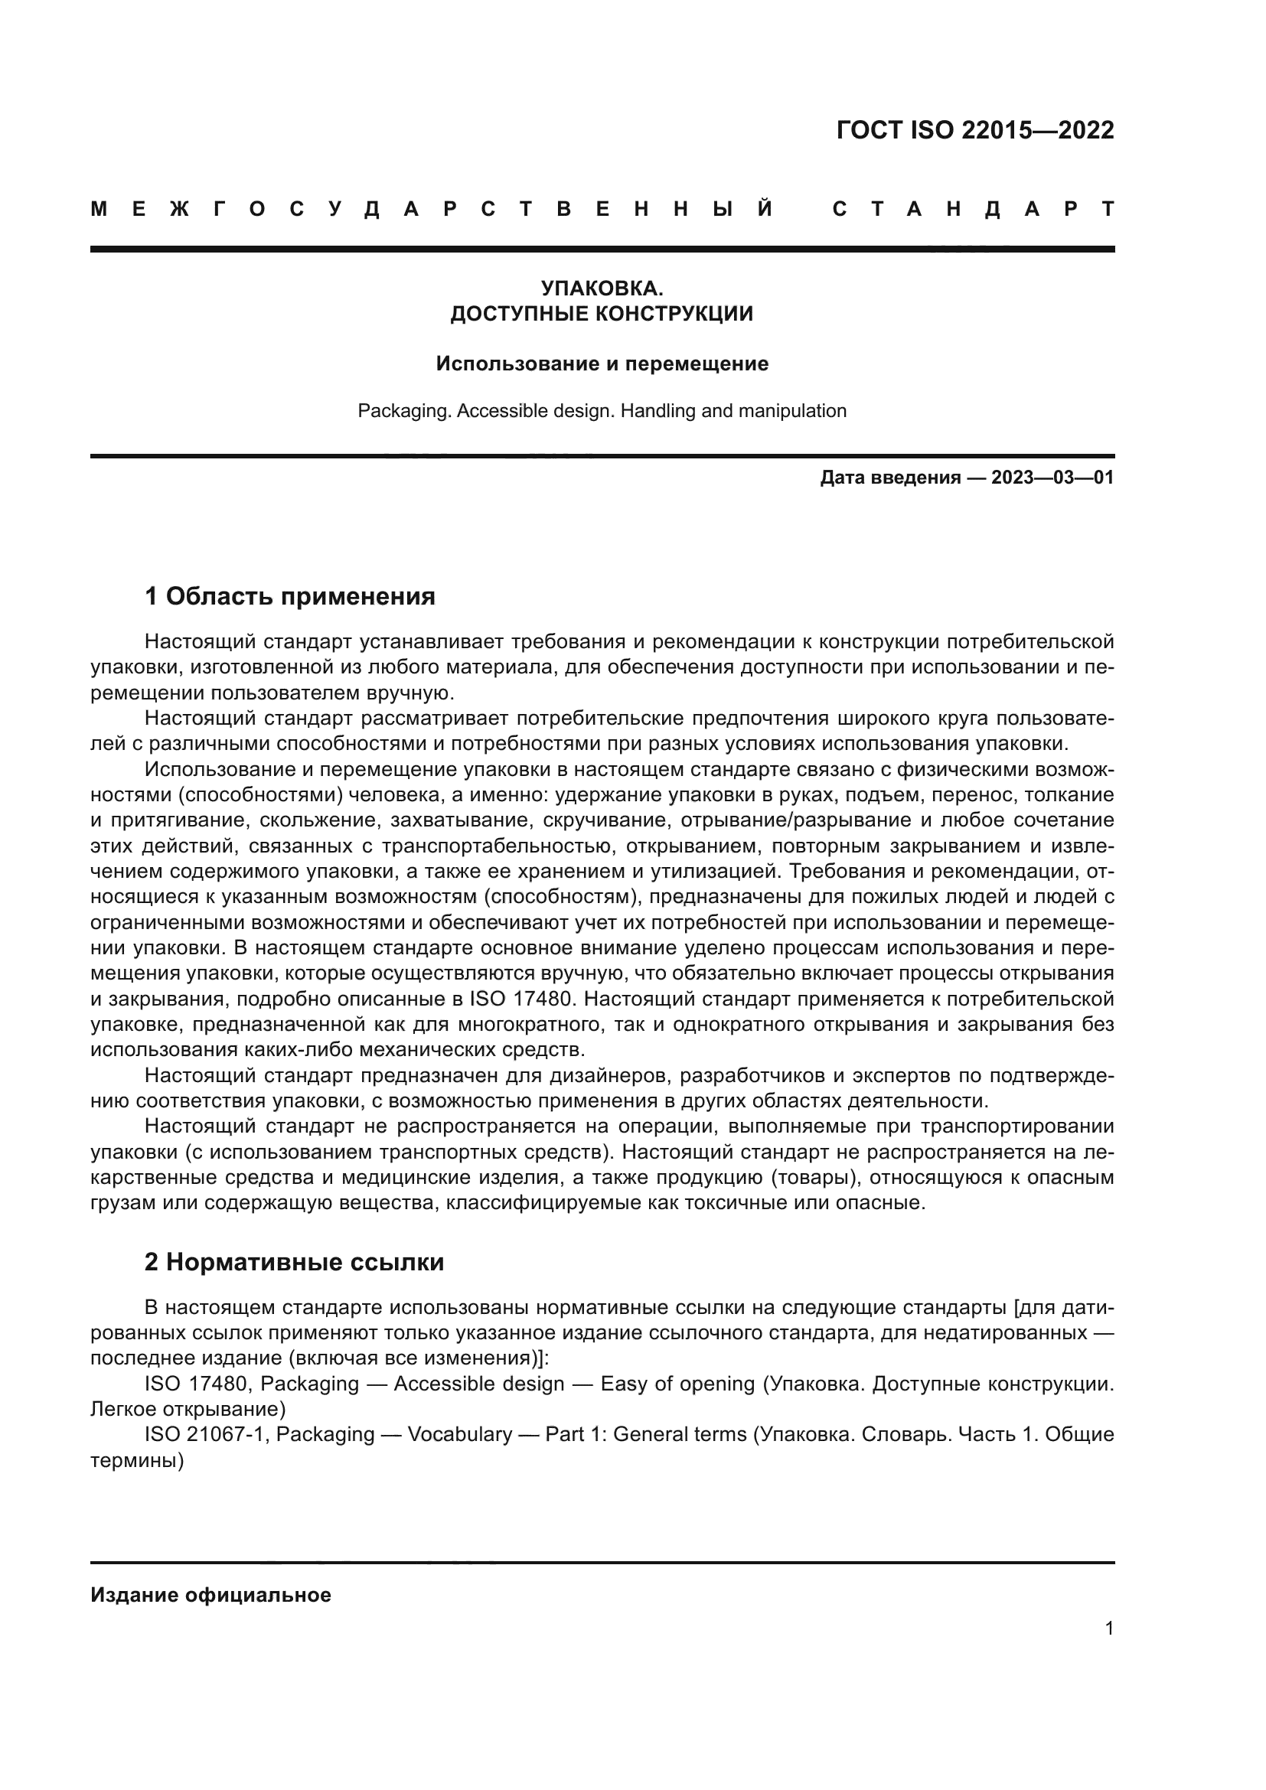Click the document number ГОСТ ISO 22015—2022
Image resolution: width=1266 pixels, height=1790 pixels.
point(974,129)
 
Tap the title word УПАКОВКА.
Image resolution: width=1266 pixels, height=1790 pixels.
point(602,289)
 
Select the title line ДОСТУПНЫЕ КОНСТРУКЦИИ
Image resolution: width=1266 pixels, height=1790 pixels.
point(602,315)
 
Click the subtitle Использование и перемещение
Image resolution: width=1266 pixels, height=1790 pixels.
point(602,364)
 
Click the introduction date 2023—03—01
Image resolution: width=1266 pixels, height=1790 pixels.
point(1052,478)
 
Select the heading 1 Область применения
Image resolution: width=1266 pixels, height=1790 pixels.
point(289,596)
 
